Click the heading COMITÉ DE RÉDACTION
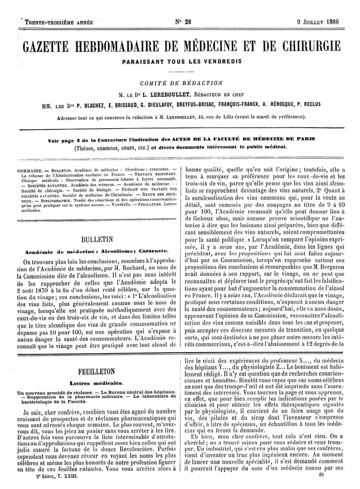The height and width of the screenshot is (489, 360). point(181,83)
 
